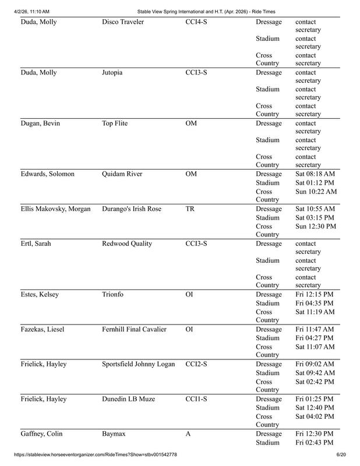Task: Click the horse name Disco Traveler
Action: pyautogui.click(x=123, y=22)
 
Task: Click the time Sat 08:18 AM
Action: pyautogui.click(x=315, y=174)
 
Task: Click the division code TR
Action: pyautogui.click(x=190, y=209)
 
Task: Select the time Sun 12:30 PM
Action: pyautogui.click(x=315, y=226)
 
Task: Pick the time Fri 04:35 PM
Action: pyautogui.click(x=314, y=303)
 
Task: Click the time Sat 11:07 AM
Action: pyautogui.click(x=315, y=347)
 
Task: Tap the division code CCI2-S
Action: pyautogui.click(x=196, y=364)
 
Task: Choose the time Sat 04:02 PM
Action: pyautogui.click(x=314, y=416)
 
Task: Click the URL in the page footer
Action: pyautogui.click(x=93, y=454)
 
